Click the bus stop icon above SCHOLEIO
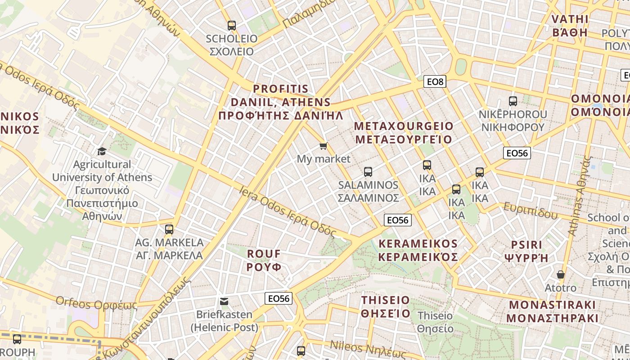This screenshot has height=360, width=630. point(232,25)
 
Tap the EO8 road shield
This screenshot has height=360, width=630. point(435,81)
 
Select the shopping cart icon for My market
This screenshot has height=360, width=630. point(323,146)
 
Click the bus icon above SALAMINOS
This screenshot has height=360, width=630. point(368,171)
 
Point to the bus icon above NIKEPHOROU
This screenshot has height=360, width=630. point(513,101)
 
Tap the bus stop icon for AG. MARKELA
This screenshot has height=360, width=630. point(169,229)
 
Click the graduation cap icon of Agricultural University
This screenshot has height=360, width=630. point(102,151)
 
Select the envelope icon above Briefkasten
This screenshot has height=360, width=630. point(224,301)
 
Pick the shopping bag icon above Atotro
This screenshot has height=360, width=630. point(561,274)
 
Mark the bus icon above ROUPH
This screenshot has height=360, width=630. point(17,339)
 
